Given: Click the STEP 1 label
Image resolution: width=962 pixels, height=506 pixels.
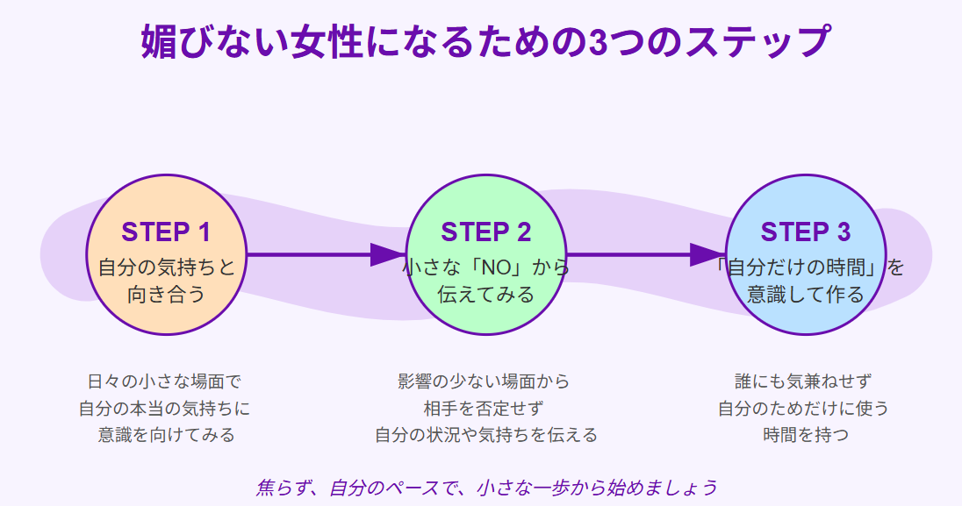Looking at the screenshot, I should [x=166, y=232].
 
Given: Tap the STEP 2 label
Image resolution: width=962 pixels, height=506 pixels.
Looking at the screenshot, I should [x=485, y=232].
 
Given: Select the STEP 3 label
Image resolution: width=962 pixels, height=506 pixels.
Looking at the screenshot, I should [x=805, y=232].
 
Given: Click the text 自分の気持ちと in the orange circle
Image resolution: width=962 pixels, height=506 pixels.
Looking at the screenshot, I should [x=166, y=267].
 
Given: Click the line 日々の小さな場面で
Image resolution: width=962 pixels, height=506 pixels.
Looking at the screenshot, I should [x=164, y=381].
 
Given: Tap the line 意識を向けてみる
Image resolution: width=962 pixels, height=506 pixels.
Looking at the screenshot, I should [x=166, y=435].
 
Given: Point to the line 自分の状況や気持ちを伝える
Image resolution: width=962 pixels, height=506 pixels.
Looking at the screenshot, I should [x=485, y=435].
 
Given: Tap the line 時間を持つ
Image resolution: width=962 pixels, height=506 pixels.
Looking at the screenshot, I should [x=805, y=435].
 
